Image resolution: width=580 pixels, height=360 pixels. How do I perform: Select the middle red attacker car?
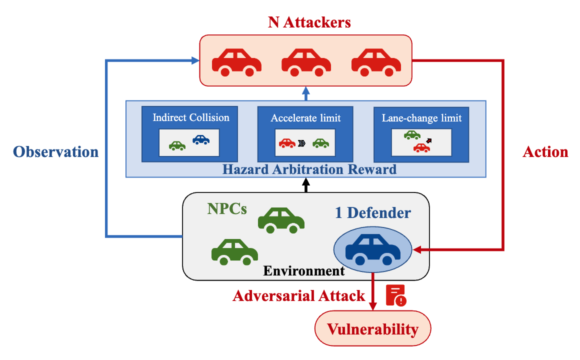click(x=306, y=62)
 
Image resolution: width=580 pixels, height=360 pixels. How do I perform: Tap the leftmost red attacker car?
click(x=236, y=62)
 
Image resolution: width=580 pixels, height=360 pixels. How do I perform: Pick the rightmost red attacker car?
click(x=376, y=62)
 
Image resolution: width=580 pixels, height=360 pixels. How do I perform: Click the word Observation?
click(x=55, y=152)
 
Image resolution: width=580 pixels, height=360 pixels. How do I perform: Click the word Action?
click(x=545, y=152)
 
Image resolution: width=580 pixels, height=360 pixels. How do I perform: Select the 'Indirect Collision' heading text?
click(x=191, y=118)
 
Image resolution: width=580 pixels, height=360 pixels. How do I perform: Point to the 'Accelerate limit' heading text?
click(x=305, y=118)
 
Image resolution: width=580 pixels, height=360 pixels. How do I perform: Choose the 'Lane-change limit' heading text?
click(x=421, y=118)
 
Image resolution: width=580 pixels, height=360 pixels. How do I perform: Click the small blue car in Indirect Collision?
click(x=201, y=139)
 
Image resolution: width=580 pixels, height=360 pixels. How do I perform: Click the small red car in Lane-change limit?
click(x=421, y=147)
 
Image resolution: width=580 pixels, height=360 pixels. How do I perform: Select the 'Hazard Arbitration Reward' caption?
click(x=309, y=169)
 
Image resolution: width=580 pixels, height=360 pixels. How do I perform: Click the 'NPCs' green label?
click(x=227, y=208)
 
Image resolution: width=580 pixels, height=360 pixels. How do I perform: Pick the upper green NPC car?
click(x=281, y=220)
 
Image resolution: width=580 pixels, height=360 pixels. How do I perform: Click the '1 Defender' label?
click(x=372, y=212)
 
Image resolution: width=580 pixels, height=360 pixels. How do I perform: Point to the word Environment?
click(x=304, y=271)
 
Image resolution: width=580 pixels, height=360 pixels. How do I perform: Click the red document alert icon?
click(x=396, y=294)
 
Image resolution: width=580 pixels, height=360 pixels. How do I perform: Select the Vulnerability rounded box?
click(x=372, y=329)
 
